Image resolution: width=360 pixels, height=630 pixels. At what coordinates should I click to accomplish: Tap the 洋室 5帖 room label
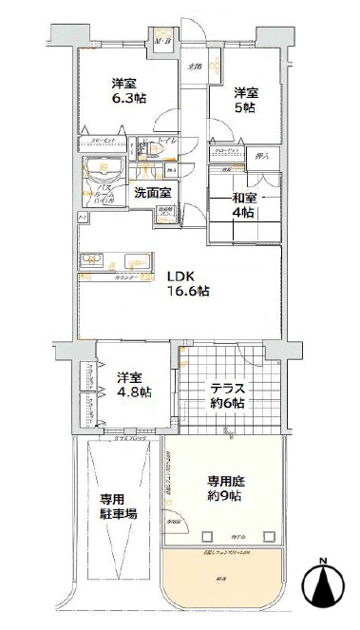click(248, 100)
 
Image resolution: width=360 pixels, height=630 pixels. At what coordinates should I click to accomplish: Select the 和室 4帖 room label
click(242, 205)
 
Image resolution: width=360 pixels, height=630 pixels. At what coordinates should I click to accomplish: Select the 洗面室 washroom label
click(151, 193)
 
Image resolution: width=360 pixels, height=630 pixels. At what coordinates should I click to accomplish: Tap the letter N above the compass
click(325, 559)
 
